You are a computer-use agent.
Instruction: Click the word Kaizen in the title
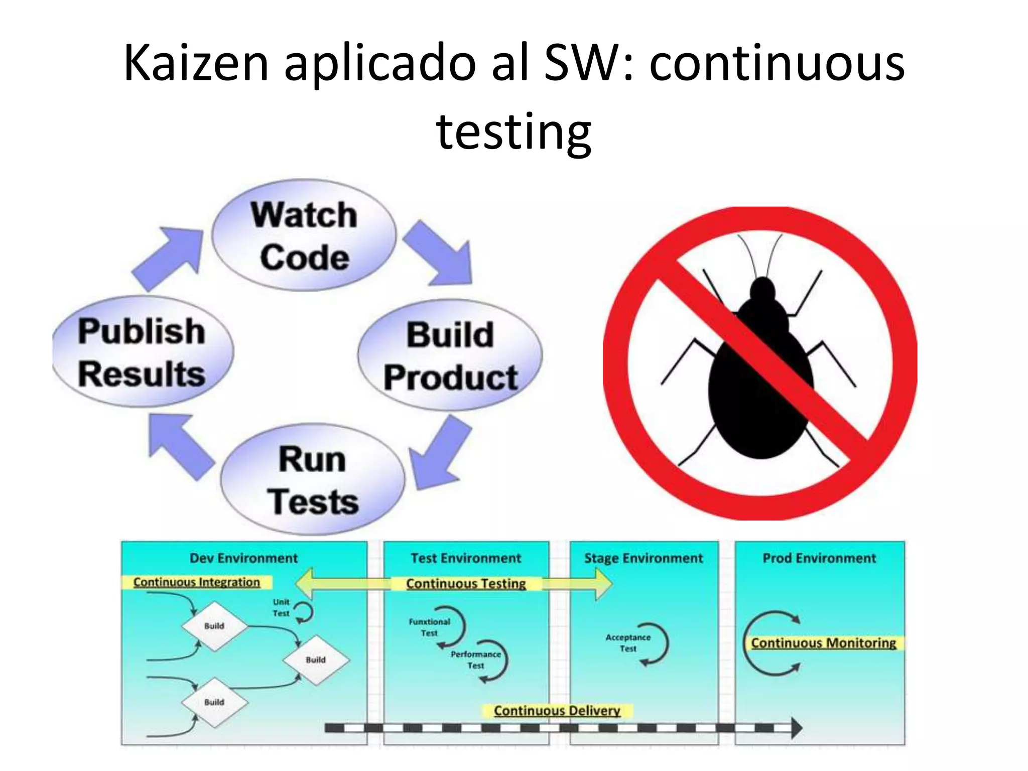pyautogui.click(x=196, y=63)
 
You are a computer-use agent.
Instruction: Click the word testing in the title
pyautogui.click(x=513, y=132)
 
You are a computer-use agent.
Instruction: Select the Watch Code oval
pyautogui.click(x=304, y=235)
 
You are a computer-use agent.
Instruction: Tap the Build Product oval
pyautogui.click(x=450, y=356)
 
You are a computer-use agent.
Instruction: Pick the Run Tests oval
pyautogui.click(x=313, y=479)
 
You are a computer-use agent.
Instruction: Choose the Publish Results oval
pyautogui.click(x=142, y=352)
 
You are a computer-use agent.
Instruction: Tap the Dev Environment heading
pyautogui.click(x=243, y=558)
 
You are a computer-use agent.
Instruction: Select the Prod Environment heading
pyautogui.click(x=819, y=558)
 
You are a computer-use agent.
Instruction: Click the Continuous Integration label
pyautogui.click(x=197, y=582)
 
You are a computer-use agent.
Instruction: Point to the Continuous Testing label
pyautogui.click(x=466, y=584)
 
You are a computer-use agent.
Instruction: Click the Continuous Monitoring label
pyautogui.click(x=823, y=643)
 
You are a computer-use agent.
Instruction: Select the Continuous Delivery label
pyautogui.click(x=557, y=711)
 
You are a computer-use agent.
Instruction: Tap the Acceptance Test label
pyautogui.click(x=628, y=642)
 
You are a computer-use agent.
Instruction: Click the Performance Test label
pyautogui.click(x=475, y=660)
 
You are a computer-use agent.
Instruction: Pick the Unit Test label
pyautogui.click(x=281, y=607)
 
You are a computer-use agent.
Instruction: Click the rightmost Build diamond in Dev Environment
pyautogui.click(x=316, y=660)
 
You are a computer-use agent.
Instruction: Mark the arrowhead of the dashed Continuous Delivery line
pyautogui.click(x=797, y=728)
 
